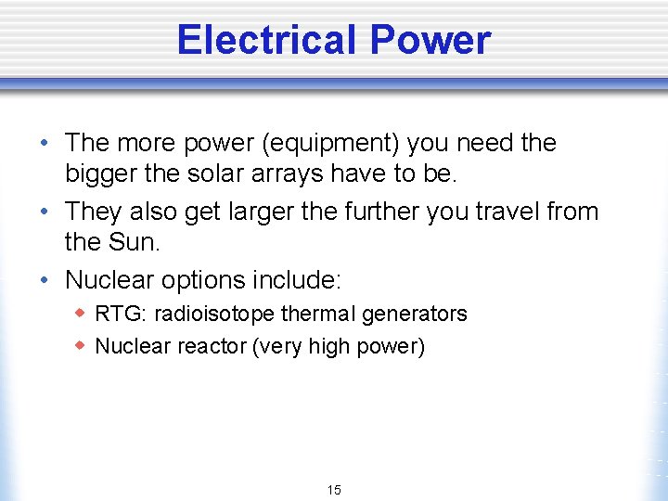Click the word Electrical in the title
pos(266,40)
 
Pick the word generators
pos(415,314)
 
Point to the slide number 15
pos(334,490)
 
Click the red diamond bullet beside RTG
pos(81,313)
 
